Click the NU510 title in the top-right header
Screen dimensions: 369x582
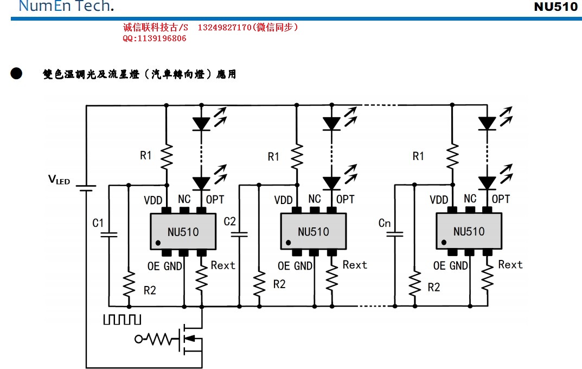pos(556,7)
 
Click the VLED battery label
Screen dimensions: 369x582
pos(59,180)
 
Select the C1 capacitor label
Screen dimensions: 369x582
pos(98,223)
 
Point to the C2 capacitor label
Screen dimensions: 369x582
pos(230,221)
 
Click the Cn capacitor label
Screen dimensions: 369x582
pos(385,223)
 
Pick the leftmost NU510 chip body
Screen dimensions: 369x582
pos(183,232)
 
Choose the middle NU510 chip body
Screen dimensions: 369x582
pos(313,232)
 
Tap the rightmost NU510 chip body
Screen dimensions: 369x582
pos(469,232)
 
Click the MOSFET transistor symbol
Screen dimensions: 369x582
pos(190,339)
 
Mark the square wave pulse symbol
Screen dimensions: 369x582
pos(122,319)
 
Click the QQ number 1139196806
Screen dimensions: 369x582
pos(154,39)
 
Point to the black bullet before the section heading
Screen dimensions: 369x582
pos(16,74)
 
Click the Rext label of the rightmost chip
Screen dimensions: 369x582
pos(510,265)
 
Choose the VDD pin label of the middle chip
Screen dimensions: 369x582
pos(283,200)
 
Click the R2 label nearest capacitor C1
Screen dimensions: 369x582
pos(150,290)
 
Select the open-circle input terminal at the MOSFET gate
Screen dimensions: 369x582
pos(138,340)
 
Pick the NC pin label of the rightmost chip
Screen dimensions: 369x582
pos(470,199)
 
